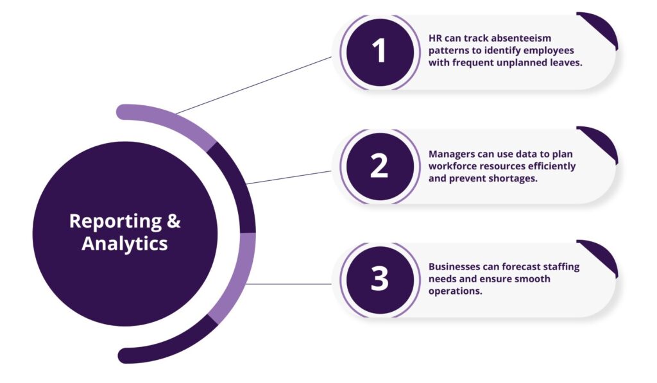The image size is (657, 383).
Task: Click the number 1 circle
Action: pos(380,51)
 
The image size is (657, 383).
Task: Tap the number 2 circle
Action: pos(379,166)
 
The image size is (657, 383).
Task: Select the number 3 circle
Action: pos(379,280)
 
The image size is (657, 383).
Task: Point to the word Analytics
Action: pos(124,244)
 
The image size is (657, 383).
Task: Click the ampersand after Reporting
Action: pos(174,221)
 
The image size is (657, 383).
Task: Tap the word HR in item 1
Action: pos(436,39)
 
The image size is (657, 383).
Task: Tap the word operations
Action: pos(455,291)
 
